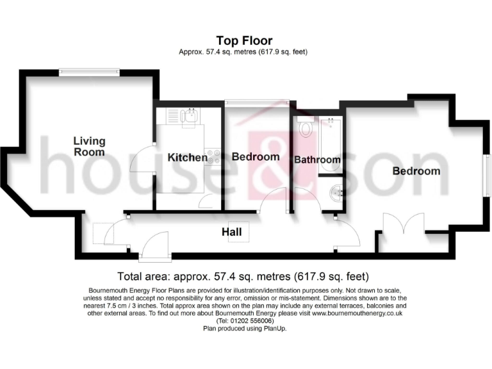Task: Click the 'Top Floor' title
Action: click(x=244, y=41)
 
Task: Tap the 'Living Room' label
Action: click(x=89, y=147)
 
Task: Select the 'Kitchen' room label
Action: click(x=187, y=157)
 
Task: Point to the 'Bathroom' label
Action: click(x=316, y=160)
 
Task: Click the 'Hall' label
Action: click(x=232, y=232)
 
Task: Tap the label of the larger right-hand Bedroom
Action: click(x=416, y=171)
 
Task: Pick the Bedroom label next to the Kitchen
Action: click(x=255, y=156)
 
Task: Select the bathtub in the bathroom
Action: click(x=331, y=145)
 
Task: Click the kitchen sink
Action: click(x=188, y=117)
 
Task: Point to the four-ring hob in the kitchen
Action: click(x=213, y=158)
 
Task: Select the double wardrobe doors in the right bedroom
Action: click(x=402, y=227)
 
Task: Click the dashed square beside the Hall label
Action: click(x=102, y=233)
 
